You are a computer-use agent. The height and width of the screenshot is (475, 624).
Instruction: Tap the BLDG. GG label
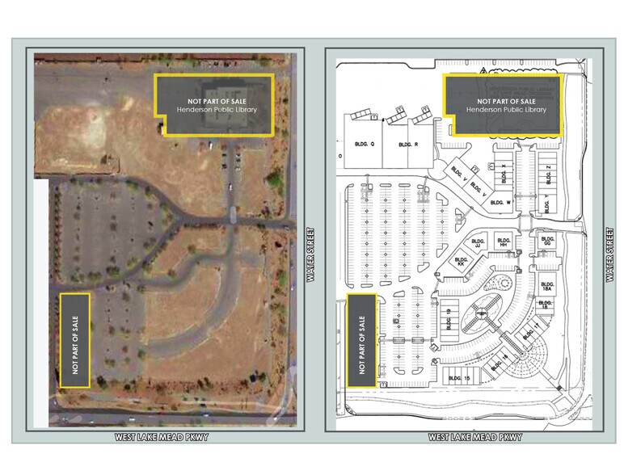(548, 242)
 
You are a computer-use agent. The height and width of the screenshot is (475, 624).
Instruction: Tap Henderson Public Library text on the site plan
(506, 109)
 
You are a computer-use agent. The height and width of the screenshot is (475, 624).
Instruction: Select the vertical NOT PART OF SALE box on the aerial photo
(74, 339)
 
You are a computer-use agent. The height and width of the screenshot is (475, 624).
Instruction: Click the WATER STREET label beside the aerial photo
(309, 255)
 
